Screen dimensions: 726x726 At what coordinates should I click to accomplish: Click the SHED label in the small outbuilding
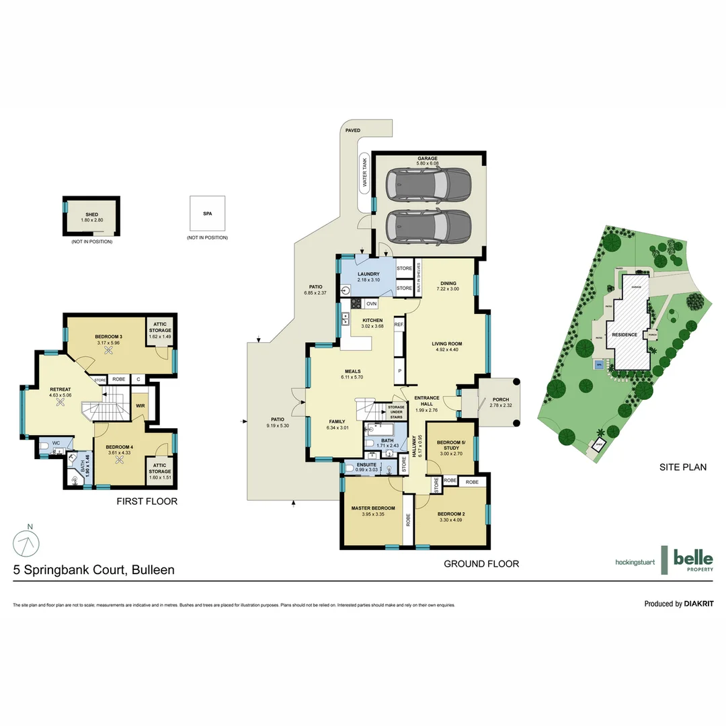tap(91, 214)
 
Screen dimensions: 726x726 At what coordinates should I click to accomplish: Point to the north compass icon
tap(26, 542)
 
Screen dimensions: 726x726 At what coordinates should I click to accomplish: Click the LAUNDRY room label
tap(368, 274)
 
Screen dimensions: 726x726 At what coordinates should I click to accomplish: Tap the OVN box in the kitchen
tap(371, 304)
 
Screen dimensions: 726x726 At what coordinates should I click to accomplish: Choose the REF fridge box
tap(399, 325)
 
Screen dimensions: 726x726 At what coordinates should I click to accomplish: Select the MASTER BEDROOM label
tap(372, 508)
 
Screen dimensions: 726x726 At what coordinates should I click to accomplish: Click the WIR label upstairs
tap(140, 405)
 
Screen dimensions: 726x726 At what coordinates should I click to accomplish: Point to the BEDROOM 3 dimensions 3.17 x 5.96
tap(108, 343)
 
